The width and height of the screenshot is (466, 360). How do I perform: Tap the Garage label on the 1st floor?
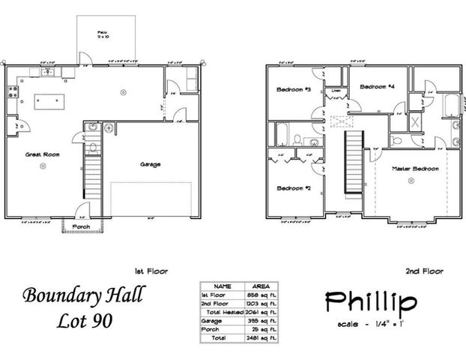[150, 164]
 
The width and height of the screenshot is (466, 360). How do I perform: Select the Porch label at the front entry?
[80, 227]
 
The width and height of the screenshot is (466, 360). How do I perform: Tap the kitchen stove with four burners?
[12, 94]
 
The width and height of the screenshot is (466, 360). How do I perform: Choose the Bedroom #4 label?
[377, 87]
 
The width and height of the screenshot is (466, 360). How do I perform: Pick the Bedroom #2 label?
[289, 187]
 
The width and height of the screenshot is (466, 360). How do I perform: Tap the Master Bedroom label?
[415, 169]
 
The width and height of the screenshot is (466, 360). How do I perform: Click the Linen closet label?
[336, 91]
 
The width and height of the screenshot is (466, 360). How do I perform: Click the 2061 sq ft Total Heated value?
[258, 310]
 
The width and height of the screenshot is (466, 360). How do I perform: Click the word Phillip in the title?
[371, 302]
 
